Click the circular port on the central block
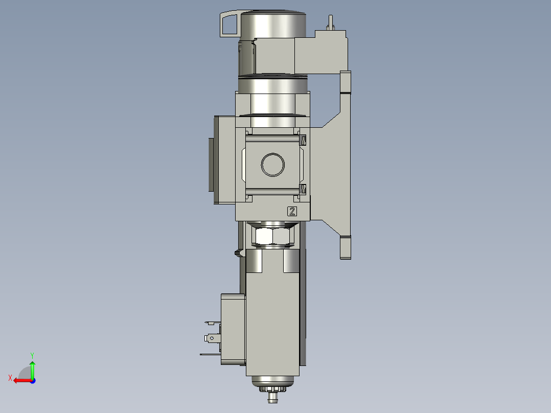(x=273, y=165)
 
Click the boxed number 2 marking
(x=292, y=212)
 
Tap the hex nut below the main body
(x=273, y=236)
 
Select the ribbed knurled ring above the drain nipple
(x=273, y=389)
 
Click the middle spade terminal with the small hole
(x=211, y=338)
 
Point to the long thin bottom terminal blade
(x=210, y=354)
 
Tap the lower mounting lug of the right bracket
(x=346, y=247)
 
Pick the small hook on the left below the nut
(x=237, y=253)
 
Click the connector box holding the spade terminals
(x=233, y=329)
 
